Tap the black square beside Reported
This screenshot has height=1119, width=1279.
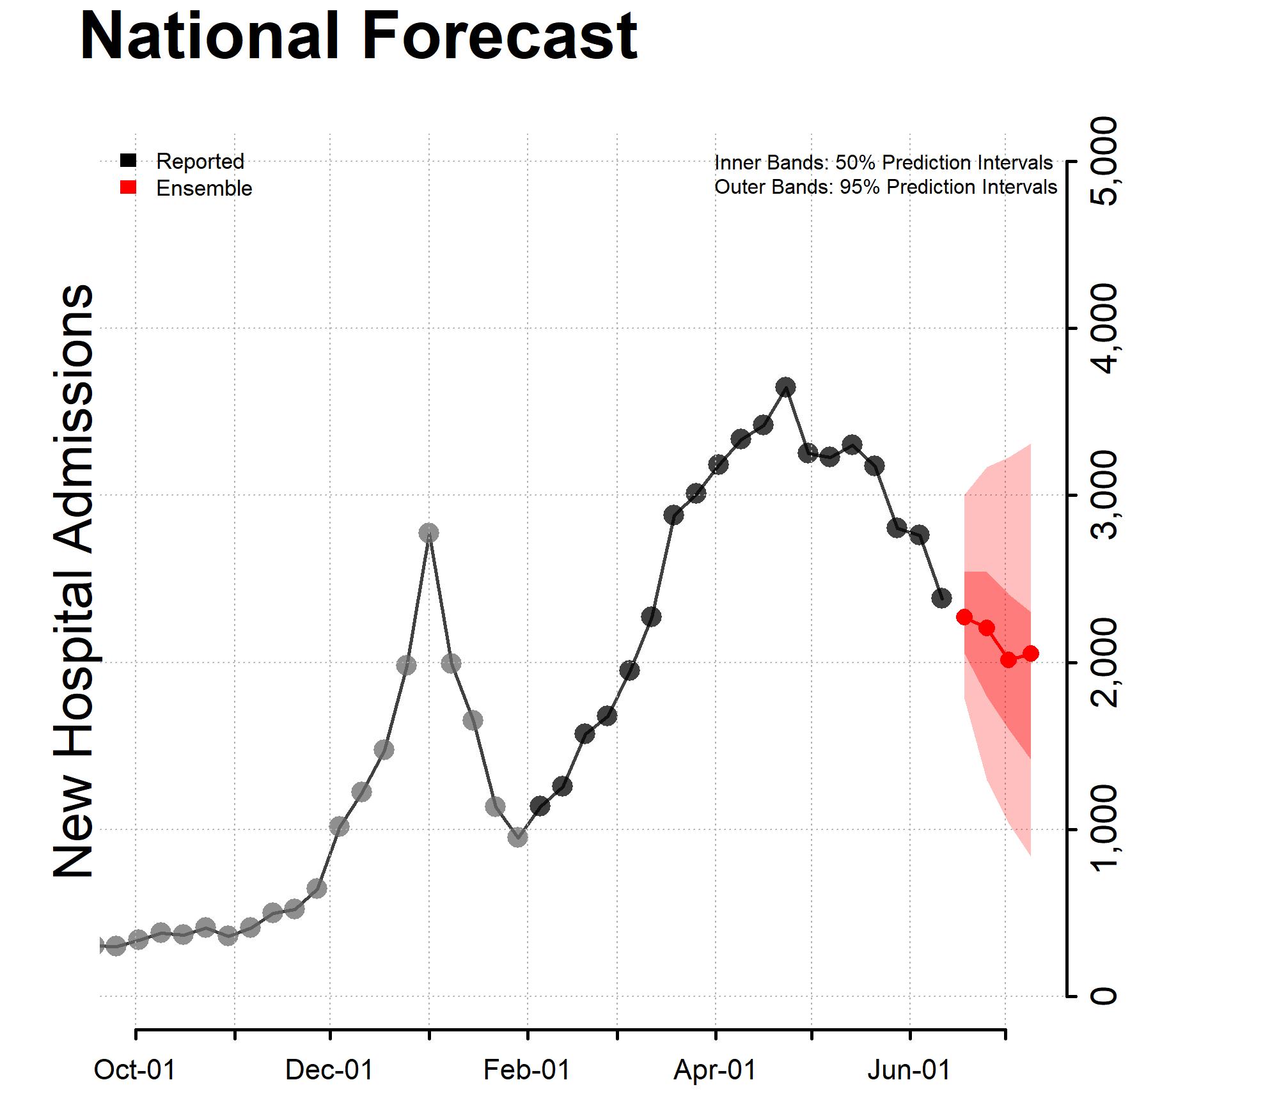click(x=129, y=160)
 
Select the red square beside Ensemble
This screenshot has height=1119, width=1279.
click(x=129, y=188)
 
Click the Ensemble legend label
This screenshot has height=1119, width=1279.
click(x=204, y=189)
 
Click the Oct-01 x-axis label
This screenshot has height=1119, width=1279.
click(x=135, y=1070)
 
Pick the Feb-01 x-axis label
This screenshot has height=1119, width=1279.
click(x=527, y=1070)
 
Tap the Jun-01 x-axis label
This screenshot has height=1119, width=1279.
click(x=909, y=1070)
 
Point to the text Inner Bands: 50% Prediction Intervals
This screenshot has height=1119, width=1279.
click(x=883, y=163)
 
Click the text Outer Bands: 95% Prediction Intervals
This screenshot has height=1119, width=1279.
click(x=886, y=187)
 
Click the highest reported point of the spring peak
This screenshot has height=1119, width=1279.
click(x=786, y=387)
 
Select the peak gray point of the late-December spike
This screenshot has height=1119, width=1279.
click(x=429, y=533)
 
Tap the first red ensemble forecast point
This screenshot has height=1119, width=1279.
click(x=964, y=617)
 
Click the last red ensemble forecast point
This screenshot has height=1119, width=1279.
click(x=1030, y=653)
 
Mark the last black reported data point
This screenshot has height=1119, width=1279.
click(x=941, y=598)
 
